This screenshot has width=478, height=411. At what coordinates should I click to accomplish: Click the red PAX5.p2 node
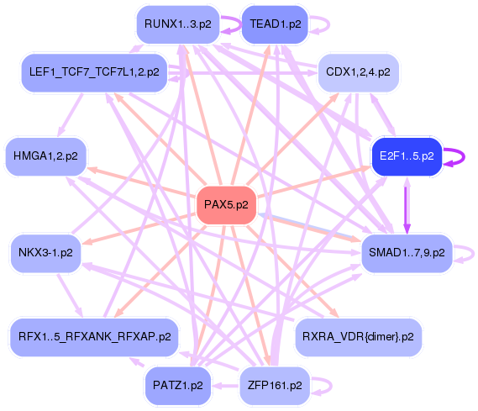tap(225, 205)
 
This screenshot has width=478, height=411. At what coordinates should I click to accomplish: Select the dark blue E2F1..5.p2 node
tap(407, 155)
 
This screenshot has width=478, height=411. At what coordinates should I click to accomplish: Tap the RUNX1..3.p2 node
tap(177, 24)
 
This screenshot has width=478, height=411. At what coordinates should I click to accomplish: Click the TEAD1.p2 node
tap(275, 24)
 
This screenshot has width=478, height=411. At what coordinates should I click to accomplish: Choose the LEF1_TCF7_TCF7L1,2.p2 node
tap(94, 72)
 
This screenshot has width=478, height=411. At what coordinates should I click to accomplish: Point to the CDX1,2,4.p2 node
tap(358, 73)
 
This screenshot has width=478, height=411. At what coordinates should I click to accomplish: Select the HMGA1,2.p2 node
tap(45, 155)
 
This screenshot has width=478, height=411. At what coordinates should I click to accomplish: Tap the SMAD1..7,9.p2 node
tap(407, 251)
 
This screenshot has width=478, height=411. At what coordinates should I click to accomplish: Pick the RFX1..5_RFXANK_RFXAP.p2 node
tap(94, 336)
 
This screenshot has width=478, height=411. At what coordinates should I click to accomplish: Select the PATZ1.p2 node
tap(177, 386)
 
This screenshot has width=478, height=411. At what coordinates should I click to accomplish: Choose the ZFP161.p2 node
tap(275, 386)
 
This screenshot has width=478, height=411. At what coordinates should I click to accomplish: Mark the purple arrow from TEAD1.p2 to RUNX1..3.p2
tap(230, 25)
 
